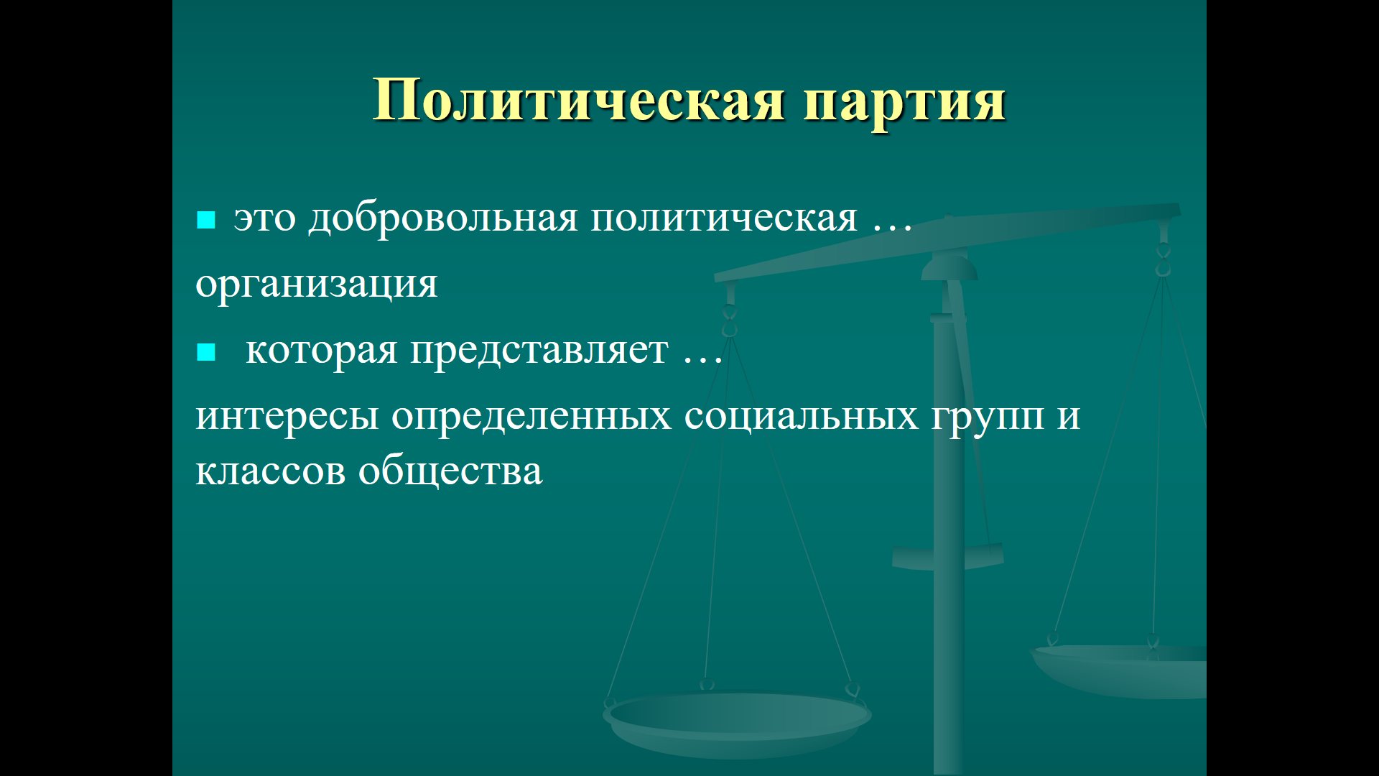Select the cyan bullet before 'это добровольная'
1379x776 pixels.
tap(206, 219)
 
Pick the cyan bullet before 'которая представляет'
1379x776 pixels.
tap(206, 351)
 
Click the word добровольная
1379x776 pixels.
tap(443, 218)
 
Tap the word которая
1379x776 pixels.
tap(322, 351)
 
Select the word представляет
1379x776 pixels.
tap(539, 351)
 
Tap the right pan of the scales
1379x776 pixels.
tap(1119, 670)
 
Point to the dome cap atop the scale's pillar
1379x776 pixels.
tap(949, 267)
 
